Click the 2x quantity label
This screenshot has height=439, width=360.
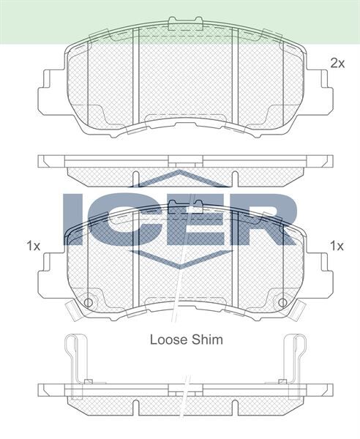(337, 64)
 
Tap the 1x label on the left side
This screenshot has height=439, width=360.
(32, 245)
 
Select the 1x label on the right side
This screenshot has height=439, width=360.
(337, 245)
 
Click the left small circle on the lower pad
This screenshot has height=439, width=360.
(89, 302)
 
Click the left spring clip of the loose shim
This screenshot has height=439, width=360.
(73, 359)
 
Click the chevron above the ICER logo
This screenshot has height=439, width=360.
(181, 178)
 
